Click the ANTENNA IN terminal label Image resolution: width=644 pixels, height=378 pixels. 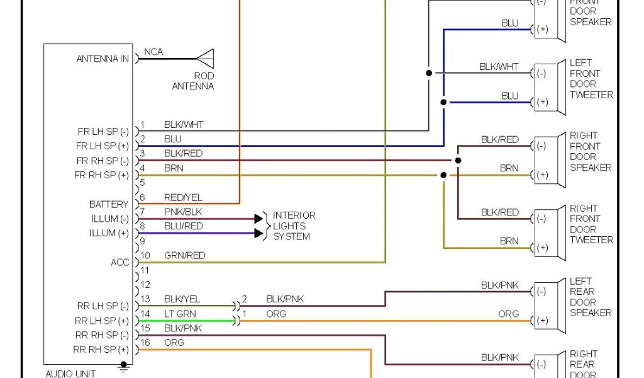(103, 59)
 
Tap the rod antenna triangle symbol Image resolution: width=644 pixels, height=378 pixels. (206, 59)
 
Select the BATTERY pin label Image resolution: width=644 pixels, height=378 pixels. (109, 204)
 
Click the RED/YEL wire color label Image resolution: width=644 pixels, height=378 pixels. (183, 198)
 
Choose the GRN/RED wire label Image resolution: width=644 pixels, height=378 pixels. (184, 255)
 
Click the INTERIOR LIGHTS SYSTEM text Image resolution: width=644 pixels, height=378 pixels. (294, 226)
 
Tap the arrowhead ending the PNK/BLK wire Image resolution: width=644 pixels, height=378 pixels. (258, 219)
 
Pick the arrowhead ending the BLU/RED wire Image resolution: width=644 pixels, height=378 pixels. (258, 233)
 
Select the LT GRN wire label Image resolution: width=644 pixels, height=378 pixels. (180, 314)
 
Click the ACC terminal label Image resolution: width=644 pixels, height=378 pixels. (120, 262)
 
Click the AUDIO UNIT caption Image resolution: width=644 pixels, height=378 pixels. (70, 374)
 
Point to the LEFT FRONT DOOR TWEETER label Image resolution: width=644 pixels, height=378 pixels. (591, 79)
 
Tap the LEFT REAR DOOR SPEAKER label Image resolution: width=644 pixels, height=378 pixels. (591, 297)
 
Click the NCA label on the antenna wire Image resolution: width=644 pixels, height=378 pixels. (153, 52)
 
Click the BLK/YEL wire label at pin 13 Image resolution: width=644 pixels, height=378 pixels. (182, 299)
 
